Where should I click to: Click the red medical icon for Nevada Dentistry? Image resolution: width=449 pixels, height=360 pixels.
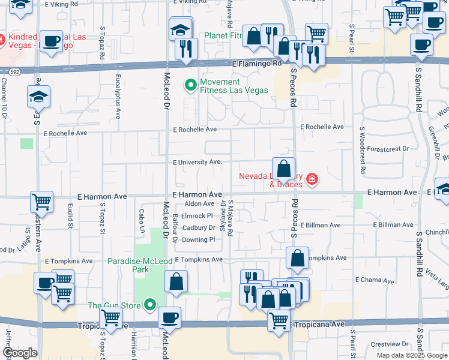[x=311, y=179]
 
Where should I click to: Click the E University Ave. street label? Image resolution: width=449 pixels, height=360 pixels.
[x=197, y=162]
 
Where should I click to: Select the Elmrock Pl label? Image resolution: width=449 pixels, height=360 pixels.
[x=197, y=215]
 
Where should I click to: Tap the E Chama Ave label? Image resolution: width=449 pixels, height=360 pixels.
[x=374, y=280]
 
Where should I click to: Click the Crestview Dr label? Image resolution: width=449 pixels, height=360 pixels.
[x=389, y=344]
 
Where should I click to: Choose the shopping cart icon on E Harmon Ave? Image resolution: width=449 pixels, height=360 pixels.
[x=41, y=202]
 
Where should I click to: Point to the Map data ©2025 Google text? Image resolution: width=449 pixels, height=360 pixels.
[x=411, y=355]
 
